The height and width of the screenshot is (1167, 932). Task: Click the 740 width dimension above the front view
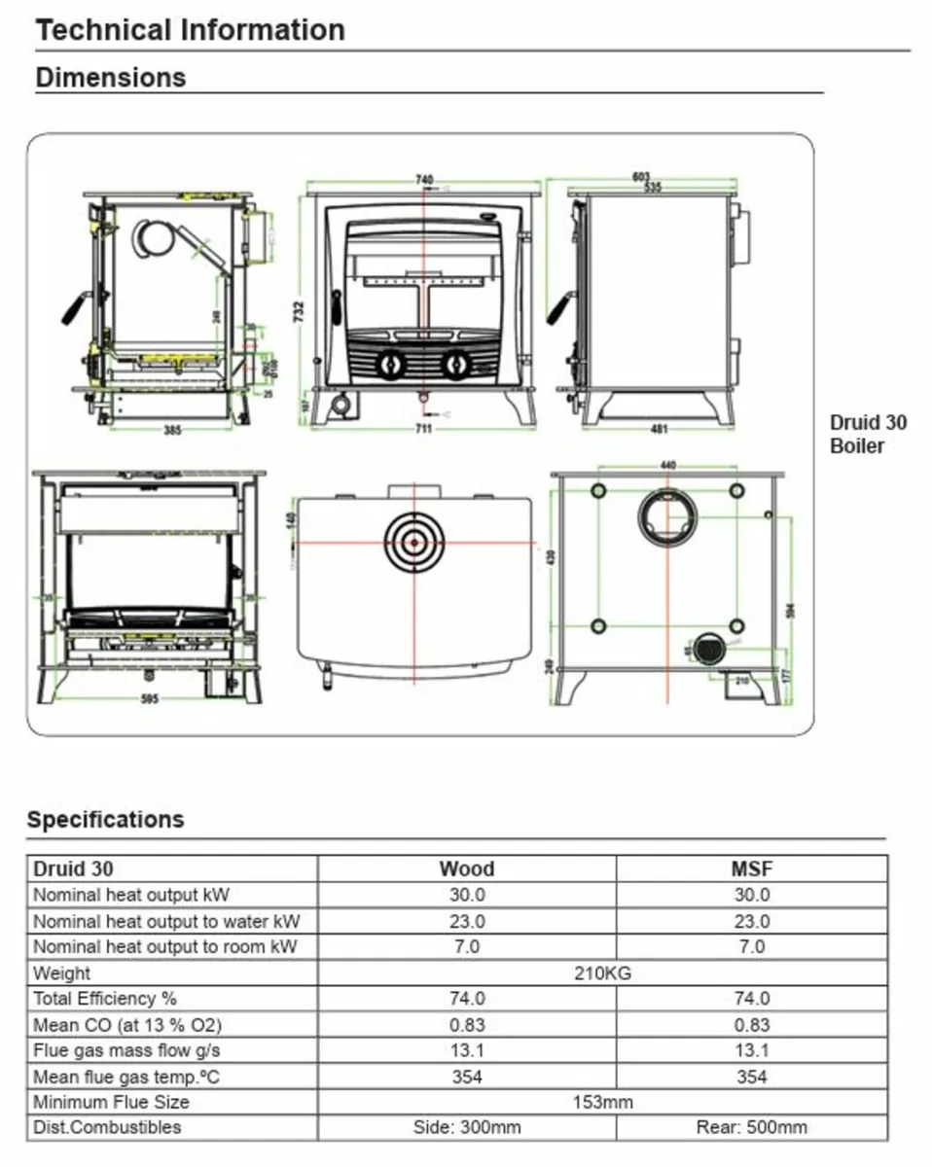point(424,180)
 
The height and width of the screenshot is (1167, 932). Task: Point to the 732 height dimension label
point(300,310)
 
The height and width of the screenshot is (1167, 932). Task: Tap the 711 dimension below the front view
point(423,429)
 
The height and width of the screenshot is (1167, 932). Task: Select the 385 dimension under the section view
point(172,430)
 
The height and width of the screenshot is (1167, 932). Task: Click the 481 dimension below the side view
point(660,429)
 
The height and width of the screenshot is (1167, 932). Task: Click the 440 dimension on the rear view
point(667,466)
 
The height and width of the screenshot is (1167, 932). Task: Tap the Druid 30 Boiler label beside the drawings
point(868,435)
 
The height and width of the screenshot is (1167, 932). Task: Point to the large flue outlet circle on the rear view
point(667,516)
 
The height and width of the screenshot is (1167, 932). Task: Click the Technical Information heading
point(191,30)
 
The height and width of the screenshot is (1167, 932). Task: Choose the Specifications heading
point(105,819)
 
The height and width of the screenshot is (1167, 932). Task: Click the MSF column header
point(751,868)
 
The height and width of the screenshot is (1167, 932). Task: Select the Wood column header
point(467,868)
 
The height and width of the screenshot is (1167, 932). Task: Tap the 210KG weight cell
point(603,972)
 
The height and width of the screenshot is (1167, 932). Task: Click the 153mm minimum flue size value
point(603,1102)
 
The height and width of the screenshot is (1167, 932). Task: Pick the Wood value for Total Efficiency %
point(467,999)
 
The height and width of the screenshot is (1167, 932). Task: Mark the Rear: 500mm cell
point(751,1128)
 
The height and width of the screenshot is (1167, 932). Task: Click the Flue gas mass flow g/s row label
point(126,1050)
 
